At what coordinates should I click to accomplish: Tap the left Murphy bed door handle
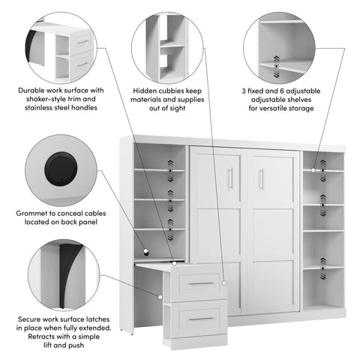click(231, 178)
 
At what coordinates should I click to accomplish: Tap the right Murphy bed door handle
click(261, 179)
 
